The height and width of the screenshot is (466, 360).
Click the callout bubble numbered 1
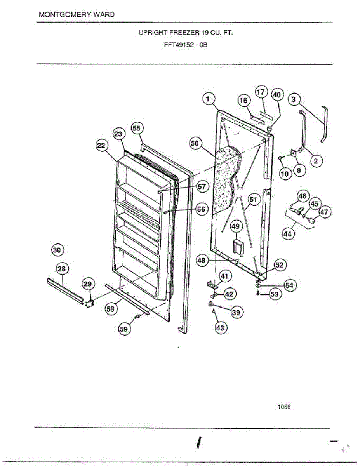coord(209,99)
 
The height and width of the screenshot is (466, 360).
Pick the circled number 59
coord(124,329)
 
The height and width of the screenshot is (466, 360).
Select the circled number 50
coord(195,143)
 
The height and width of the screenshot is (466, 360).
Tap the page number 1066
coord(284,407)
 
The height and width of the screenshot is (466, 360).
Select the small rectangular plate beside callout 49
coord(237,246)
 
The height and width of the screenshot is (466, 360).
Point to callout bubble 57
coord(201,187)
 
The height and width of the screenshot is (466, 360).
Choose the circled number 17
coord(261,92)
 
